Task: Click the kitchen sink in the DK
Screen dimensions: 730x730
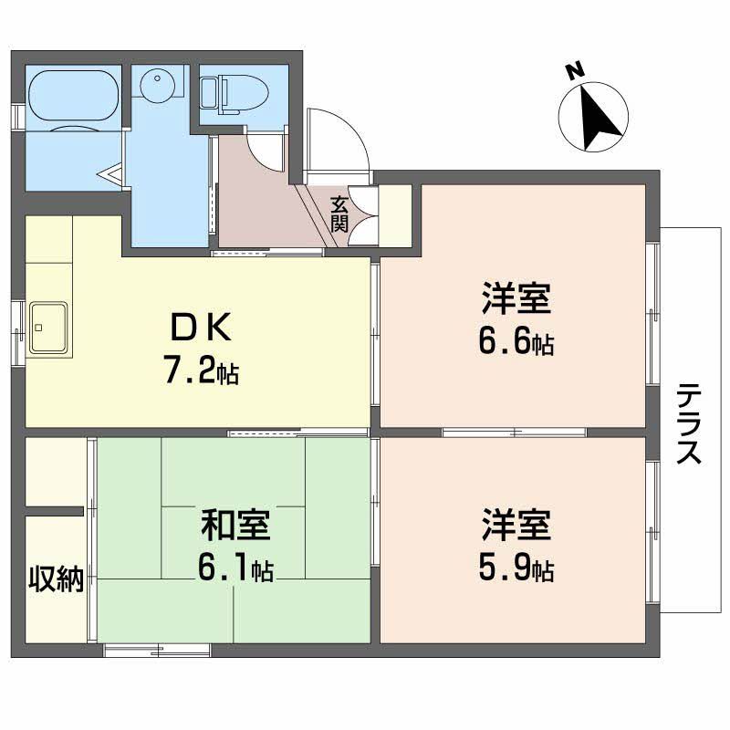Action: (x=50, y=326)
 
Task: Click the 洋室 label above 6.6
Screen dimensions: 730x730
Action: (x=516, y=299)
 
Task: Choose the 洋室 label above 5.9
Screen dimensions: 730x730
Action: (x=516, y=526)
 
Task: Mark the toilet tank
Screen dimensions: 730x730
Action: (x=209, y=92)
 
